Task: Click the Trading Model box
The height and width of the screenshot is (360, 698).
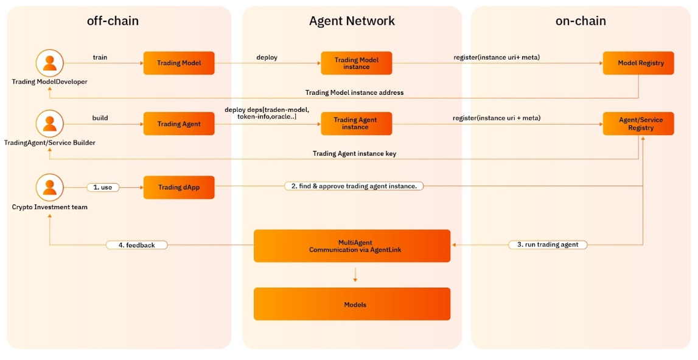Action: coord(179,63)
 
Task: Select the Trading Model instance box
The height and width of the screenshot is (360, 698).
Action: coord(357,63)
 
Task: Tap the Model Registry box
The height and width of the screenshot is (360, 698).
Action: coord(638,63)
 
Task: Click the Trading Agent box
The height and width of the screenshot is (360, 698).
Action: coord(179,124)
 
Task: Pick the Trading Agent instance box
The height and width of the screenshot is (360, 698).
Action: coord(357,124)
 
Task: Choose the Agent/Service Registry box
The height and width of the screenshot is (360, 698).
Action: coord(638,124)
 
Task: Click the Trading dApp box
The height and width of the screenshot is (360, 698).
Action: coord(179,187)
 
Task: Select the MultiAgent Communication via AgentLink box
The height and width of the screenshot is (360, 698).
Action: coord(352,246)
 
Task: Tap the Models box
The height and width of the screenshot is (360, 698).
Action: coord(352,304)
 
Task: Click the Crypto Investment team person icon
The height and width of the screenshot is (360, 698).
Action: coord(50,187)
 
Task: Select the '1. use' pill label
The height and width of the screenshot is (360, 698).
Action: coord(102,187)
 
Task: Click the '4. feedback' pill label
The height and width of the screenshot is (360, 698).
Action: coord(136,245)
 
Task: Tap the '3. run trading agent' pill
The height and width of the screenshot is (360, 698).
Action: coord(548,244)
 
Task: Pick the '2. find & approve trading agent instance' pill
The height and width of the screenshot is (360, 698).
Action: coord(354,186)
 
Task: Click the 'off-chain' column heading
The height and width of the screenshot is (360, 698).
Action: coord(113,21)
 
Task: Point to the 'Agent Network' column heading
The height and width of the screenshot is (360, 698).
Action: coord(352,21)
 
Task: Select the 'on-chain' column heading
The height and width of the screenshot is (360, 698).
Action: coord(581,21)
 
